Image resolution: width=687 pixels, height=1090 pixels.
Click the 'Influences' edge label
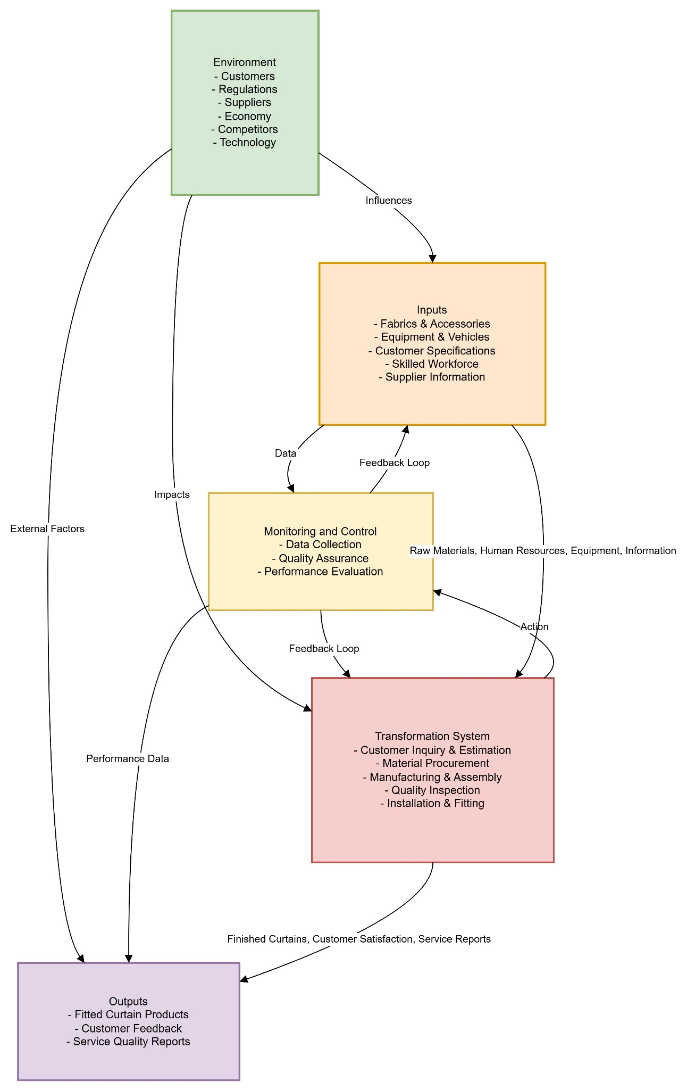tap(389, 201)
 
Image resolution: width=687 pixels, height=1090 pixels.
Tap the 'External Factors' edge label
tap(47, 529)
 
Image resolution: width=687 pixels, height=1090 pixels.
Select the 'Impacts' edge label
tap(172, 495)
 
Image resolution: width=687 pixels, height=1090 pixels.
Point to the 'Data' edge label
tap(286, 453)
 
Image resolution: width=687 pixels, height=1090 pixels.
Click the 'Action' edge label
tap(534, 627)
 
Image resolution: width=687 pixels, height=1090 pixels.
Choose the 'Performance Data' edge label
tap(128, 759)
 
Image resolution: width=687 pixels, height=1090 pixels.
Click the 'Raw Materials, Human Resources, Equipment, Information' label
tap(543, 551)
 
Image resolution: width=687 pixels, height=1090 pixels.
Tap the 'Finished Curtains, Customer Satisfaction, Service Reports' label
tap(359, 939)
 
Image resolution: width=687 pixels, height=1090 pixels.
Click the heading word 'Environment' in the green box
tap(245, 63)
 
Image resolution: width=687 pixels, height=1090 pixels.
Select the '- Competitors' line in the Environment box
tap(245, 129)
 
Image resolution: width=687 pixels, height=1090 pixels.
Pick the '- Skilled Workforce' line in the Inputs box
tap(432, 364)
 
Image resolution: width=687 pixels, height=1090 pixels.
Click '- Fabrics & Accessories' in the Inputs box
tap(432, 324)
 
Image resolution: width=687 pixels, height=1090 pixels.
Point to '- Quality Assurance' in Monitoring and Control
tap(320, 558)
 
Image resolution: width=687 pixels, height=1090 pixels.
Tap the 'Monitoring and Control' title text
tap(320, 531)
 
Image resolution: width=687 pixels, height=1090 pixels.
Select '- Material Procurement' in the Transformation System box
tap(432, 763)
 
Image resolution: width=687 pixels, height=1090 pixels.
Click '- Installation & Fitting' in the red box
tap(432, 803)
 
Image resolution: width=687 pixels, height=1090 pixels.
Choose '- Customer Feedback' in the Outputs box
tap(128, 1028)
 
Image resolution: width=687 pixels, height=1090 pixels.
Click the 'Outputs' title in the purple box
tap(128, 1002)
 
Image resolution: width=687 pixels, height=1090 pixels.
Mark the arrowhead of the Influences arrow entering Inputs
tap(433, 259)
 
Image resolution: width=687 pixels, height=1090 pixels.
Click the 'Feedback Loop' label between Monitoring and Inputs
tap(395, 463)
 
